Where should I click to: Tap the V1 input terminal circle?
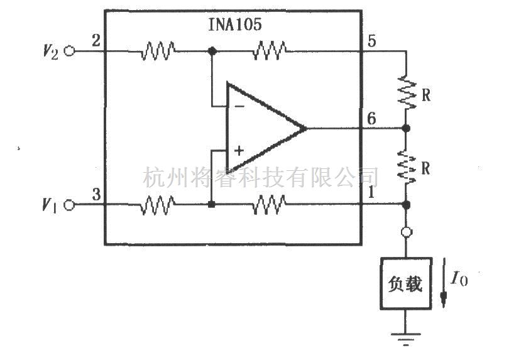pos(68,205)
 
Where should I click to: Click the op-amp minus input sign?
pos(239,107)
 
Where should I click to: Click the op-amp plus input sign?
pos(239,151)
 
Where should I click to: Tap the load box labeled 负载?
pos(405,283)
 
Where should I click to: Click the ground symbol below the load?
pos(405,340)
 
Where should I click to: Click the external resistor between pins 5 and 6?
pos(406,92)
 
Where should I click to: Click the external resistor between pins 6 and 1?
pos(406,166)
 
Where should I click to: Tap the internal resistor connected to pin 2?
pos(158,52)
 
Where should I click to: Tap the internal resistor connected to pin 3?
pos(158,205)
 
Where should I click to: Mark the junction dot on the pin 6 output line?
pos(406,128)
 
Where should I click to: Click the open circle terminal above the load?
pos(406,232)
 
